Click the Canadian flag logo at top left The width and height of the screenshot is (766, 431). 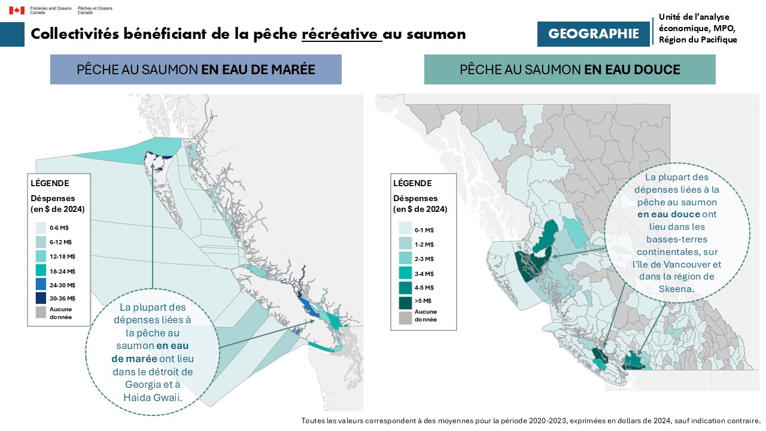pyautogui.click(x=16, y=10)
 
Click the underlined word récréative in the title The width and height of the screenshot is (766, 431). pyautogui.click(x=341, y=34)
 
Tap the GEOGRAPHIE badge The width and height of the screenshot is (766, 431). pyautogui.click(x=593, y=34)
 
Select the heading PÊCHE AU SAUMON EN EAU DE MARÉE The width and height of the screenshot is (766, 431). pyautogui.click(x=196, y=69)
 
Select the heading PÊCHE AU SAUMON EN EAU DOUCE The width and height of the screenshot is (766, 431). pyautogui.click(x=570, y=69)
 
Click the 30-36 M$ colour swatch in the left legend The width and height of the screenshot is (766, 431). pyautogui.click(x=41, y=298)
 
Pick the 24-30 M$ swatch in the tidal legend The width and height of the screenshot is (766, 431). pyautogui.click(x=41, y=284)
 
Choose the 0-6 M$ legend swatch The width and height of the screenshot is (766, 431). pyautogui.click(x=41, y=228)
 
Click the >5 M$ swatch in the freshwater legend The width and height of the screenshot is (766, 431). pyautogui.click(x=405, y=302)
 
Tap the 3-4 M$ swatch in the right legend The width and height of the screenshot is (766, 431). pyautogui.click(x=405, y=273)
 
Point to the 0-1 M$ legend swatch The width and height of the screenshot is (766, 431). pyautogui.click(x=405, y=230)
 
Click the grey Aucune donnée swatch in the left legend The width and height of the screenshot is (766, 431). pyautogui.click(x=41, y=312)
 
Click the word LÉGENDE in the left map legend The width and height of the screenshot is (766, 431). pyautogui.click(x=50, y=183)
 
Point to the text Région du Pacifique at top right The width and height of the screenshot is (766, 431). pyautogui.click(x=698, y=40)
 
